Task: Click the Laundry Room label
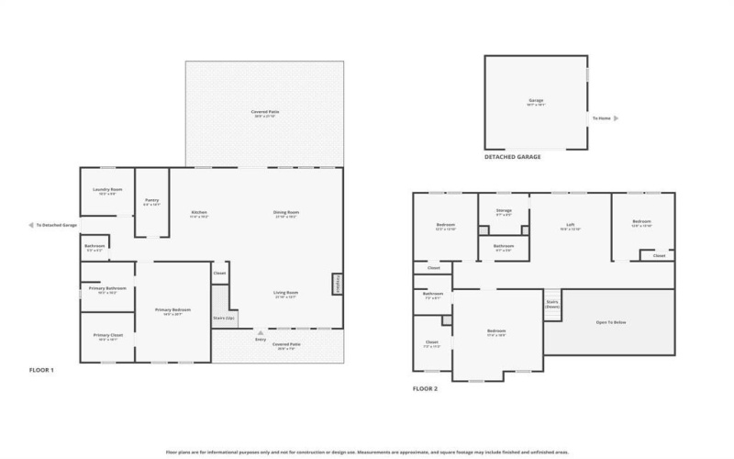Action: coord(107,190)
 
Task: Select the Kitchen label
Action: coord(199,213)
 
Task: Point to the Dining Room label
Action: coord(286,213)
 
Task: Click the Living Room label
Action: coord(286,293)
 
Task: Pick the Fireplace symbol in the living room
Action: coord(337,284)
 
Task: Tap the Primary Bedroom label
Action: coord(168,310)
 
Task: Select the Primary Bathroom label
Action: coord(107,288)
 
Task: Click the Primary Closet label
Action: coord(107,335)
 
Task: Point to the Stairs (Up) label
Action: coord(224,318)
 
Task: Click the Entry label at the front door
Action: coord(261,340)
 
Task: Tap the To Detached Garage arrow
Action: coord(32,224)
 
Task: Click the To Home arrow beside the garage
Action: coord(616,118)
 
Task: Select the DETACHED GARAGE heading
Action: coord(512,157)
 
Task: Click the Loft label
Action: coord(570,225)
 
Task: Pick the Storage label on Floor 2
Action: coord(504,210)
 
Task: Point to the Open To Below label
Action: coord(610,322)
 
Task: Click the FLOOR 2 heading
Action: coord(425,388)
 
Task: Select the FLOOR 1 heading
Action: coord(41,370)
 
